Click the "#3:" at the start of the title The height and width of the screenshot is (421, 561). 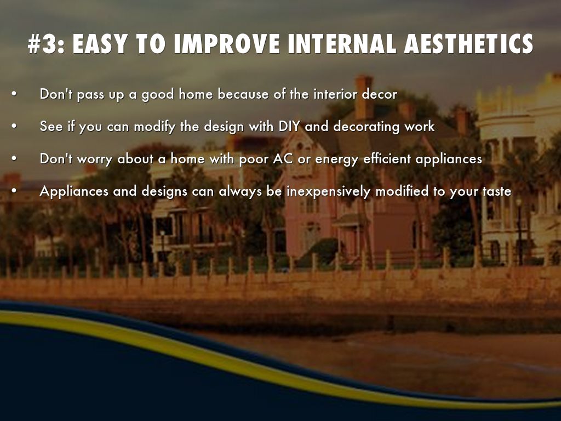point(47,44)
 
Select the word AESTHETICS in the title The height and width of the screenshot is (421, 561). point(468,44)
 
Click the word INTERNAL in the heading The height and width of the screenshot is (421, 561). point(342,44)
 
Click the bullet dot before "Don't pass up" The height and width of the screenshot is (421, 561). point(14,94)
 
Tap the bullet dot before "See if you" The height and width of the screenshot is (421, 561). point(14,126)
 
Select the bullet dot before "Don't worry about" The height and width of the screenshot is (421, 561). point(14,158)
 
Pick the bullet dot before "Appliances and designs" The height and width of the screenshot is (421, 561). point(14,191)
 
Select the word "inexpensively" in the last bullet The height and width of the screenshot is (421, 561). point(329,191)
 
